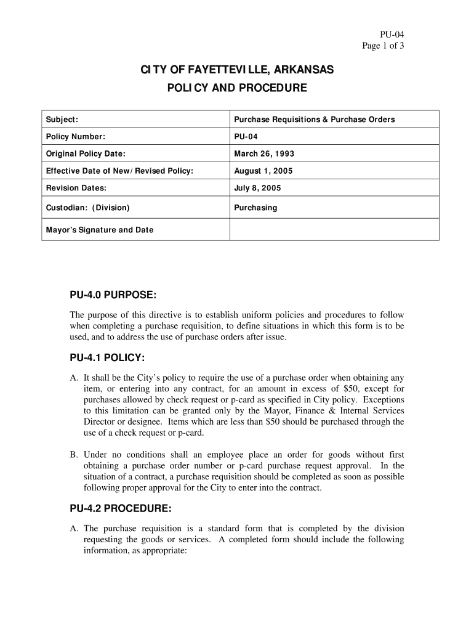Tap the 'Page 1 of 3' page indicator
pyautogui.click(x=382, y=46)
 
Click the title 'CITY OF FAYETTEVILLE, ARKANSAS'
pyautogui.click(x=237, y=71)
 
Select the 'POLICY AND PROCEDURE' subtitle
pyautogui.click(x=237, y=88)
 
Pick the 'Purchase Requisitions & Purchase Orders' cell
pyautogui.click(x=314, y=120)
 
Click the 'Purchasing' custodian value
pyautogui.click(x=255, y=208)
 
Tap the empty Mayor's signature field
pyautogui.click(x=334, y=230)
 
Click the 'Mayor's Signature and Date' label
pyautogui.click(x=100, y=230)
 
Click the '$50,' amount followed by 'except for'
pyautogui.click(x=350, y=389)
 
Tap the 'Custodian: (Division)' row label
pyautogui.click(x=88, y=208)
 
